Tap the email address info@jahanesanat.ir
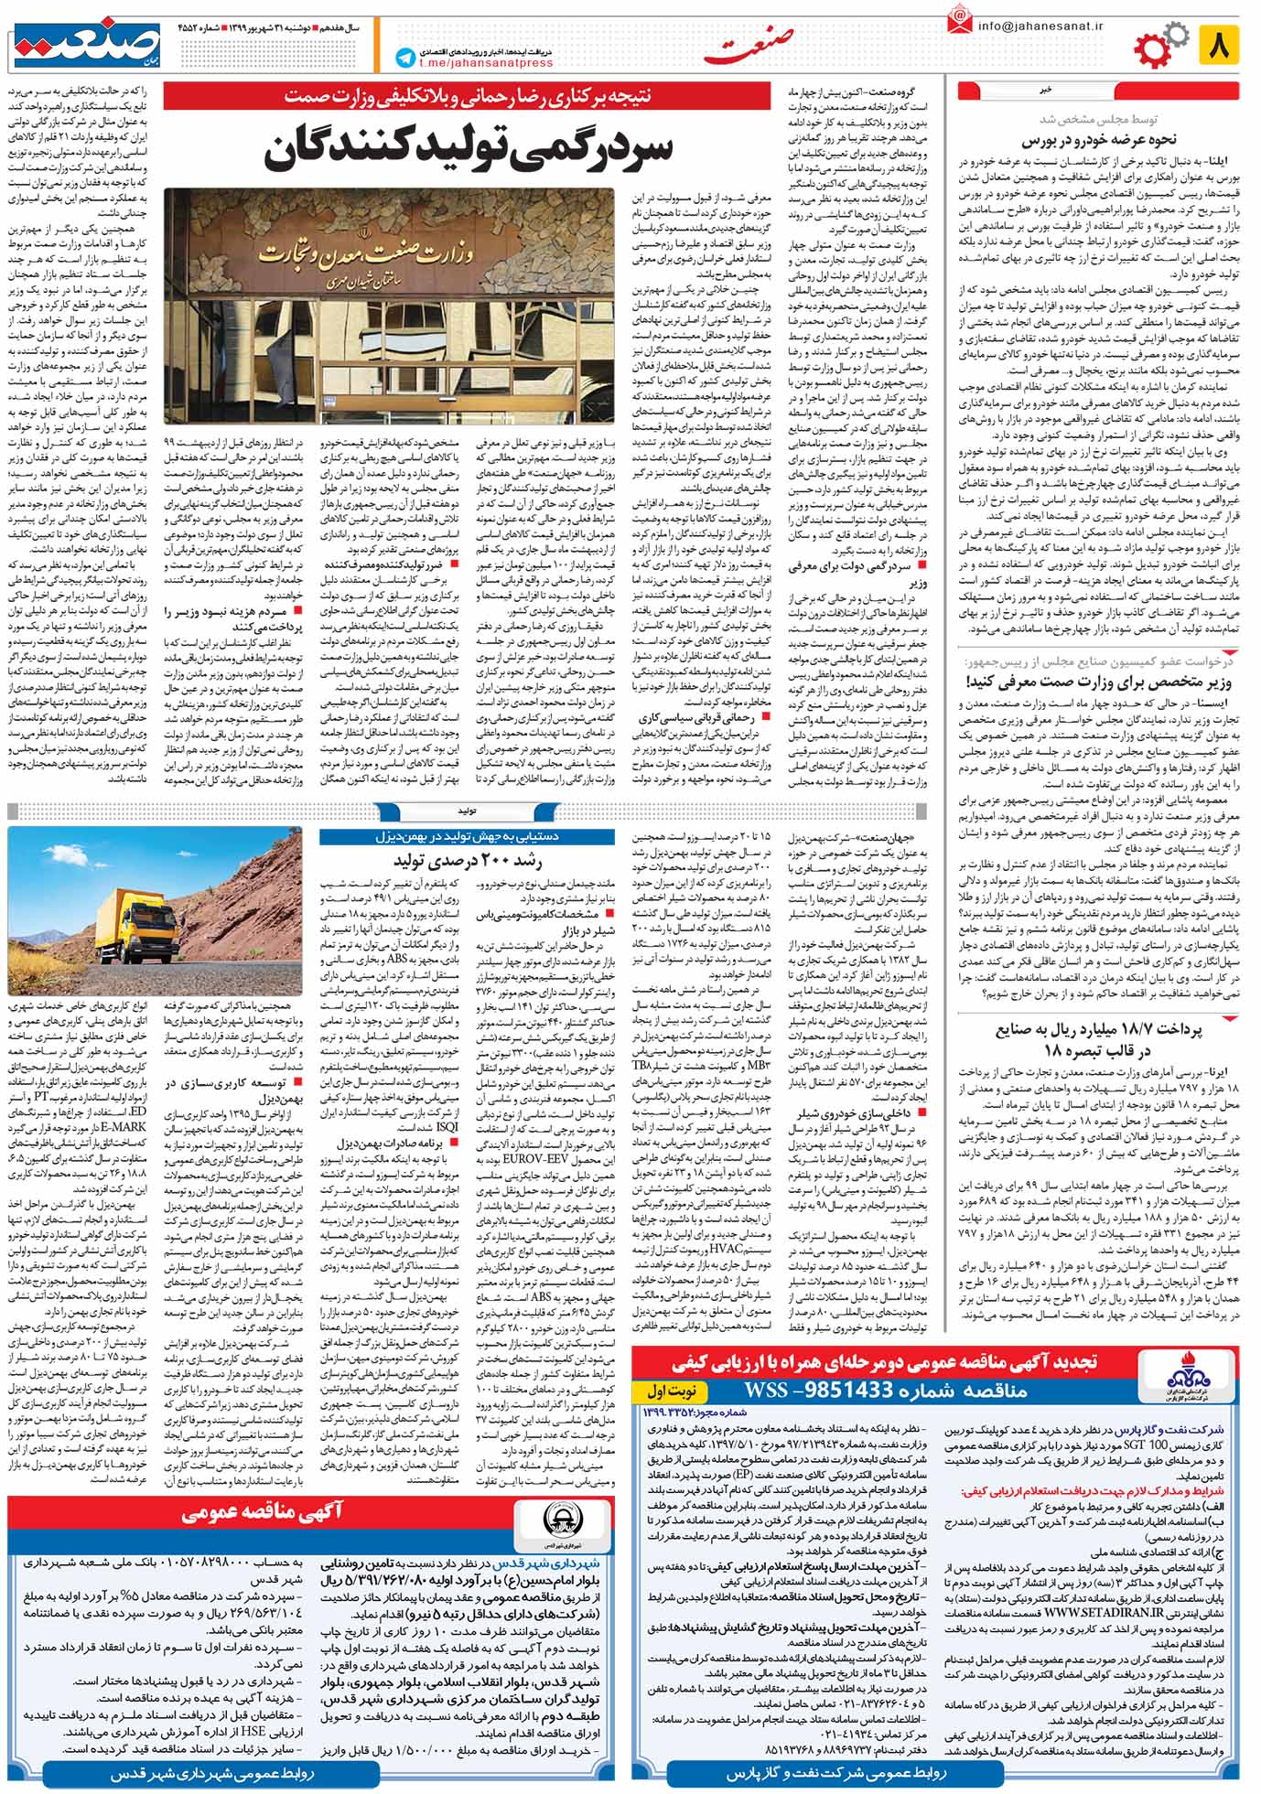(x=1039, y=27)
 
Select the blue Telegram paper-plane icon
(x=404, y=58)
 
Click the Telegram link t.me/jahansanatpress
(x=486, y=63)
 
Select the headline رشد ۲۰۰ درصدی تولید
(x=468, y=860)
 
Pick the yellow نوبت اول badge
(x=671, y=1391)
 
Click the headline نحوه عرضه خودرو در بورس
(x=1099, y=140)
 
